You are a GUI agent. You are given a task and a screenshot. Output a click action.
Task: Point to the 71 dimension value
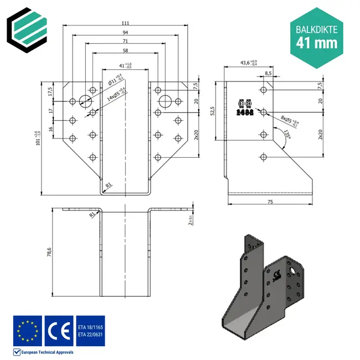coord(125,41)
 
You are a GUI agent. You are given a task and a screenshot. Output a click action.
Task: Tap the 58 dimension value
coord(125,50)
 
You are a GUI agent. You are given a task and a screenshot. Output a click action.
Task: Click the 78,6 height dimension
coord(49,253)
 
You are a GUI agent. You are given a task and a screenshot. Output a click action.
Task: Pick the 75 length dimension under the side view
coord(270,203)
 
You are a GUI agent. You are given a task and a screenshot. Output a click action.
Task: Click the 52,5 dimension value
coord(213,111)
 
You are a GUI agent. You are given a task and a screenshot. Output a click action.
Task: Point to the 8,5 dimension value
coord(268,73)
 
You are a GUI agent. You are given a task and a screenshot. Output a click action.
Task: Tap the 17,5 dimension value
coord(50,90)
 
